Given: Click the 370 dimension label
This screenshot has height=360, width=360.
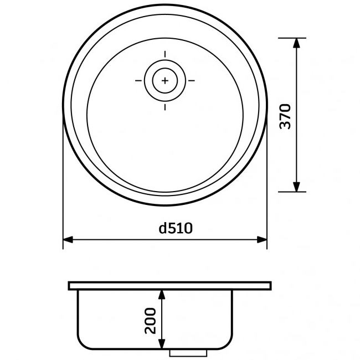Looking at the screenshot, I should pos(285,115).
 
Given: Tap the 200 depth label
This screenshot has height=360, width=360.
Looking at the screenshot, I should pos(150,320).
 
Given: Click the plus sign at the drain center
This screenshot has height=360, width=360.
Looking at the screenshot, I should pos(165,80).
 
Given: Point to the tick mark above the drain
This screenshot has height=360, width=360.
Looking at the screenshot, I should pos(165,54).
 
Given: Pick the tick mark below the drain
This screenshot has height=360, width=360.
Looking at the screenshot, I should pos(165,106).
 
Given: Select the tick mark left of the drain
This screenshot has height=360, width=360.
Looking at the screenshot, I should pos(138,80).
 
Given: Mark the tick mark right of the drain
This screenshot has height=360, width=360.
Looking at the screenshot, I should pos(192,80).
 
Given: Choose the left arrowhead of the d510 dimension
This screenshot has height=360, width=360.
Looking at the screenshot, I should pos(69,240).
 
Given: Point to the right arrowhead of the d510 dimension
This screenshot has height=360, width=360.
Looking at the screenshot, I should pos(261,240).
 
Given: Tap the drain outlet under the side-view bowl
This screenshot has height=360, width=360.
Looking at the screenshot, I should pos(188,352).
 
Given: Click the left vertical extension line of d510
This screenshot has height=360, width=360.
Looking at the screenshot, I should pos(63,183).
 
